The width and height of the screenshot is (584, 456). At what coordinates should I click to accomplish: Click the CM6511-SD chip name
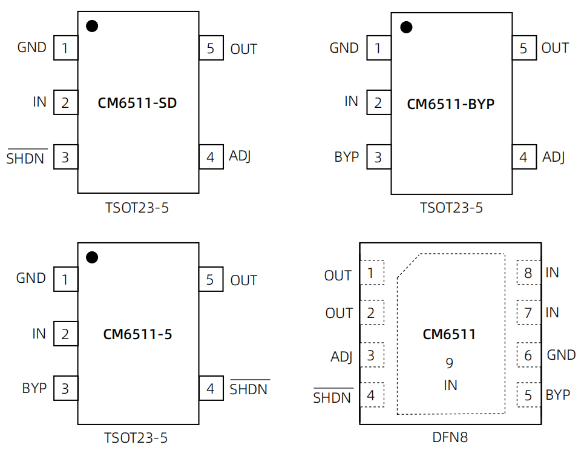137,103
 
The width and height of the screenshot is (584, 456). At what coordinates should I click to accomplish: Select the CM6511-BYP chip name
450,104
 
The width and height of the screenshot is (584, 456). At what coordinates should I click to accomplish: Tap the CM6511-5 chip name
137,334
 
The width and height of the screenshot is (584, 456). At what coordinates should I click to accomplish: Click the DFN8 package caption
450,437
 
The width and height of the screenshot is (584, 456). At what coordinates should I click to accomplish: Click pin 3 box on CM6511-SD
65,157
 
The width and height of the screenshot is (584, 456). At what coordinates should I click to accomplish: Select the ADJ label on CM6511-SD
240,156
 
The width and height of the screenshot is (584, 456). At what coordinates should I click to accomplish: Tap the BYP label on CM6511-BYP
346,157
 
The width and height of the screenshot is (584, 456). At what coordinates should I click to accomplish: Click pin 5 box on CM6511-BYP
523,48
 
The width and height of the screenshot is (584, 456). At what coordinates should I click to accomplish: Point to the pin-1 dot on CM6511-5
92,257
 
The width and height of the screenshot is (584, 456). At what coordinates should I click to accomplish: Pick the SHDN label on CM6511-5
249,389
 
